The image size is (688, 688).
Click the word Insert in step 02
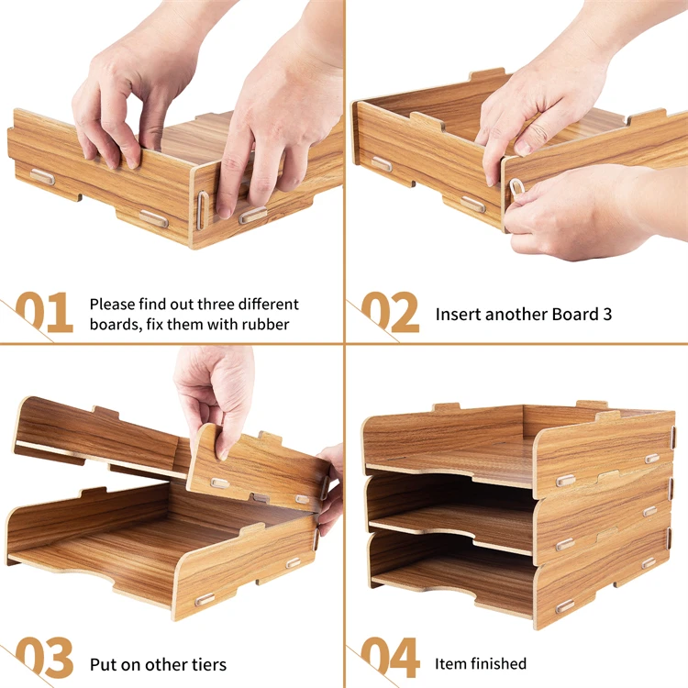pyautogui.click(x=456, y=314)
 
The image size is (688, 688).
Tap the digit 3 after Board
pyautogui.click(x=607, y=314)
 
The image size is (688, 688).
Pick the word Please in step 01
pyautogui.click(x=112, y=304)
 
